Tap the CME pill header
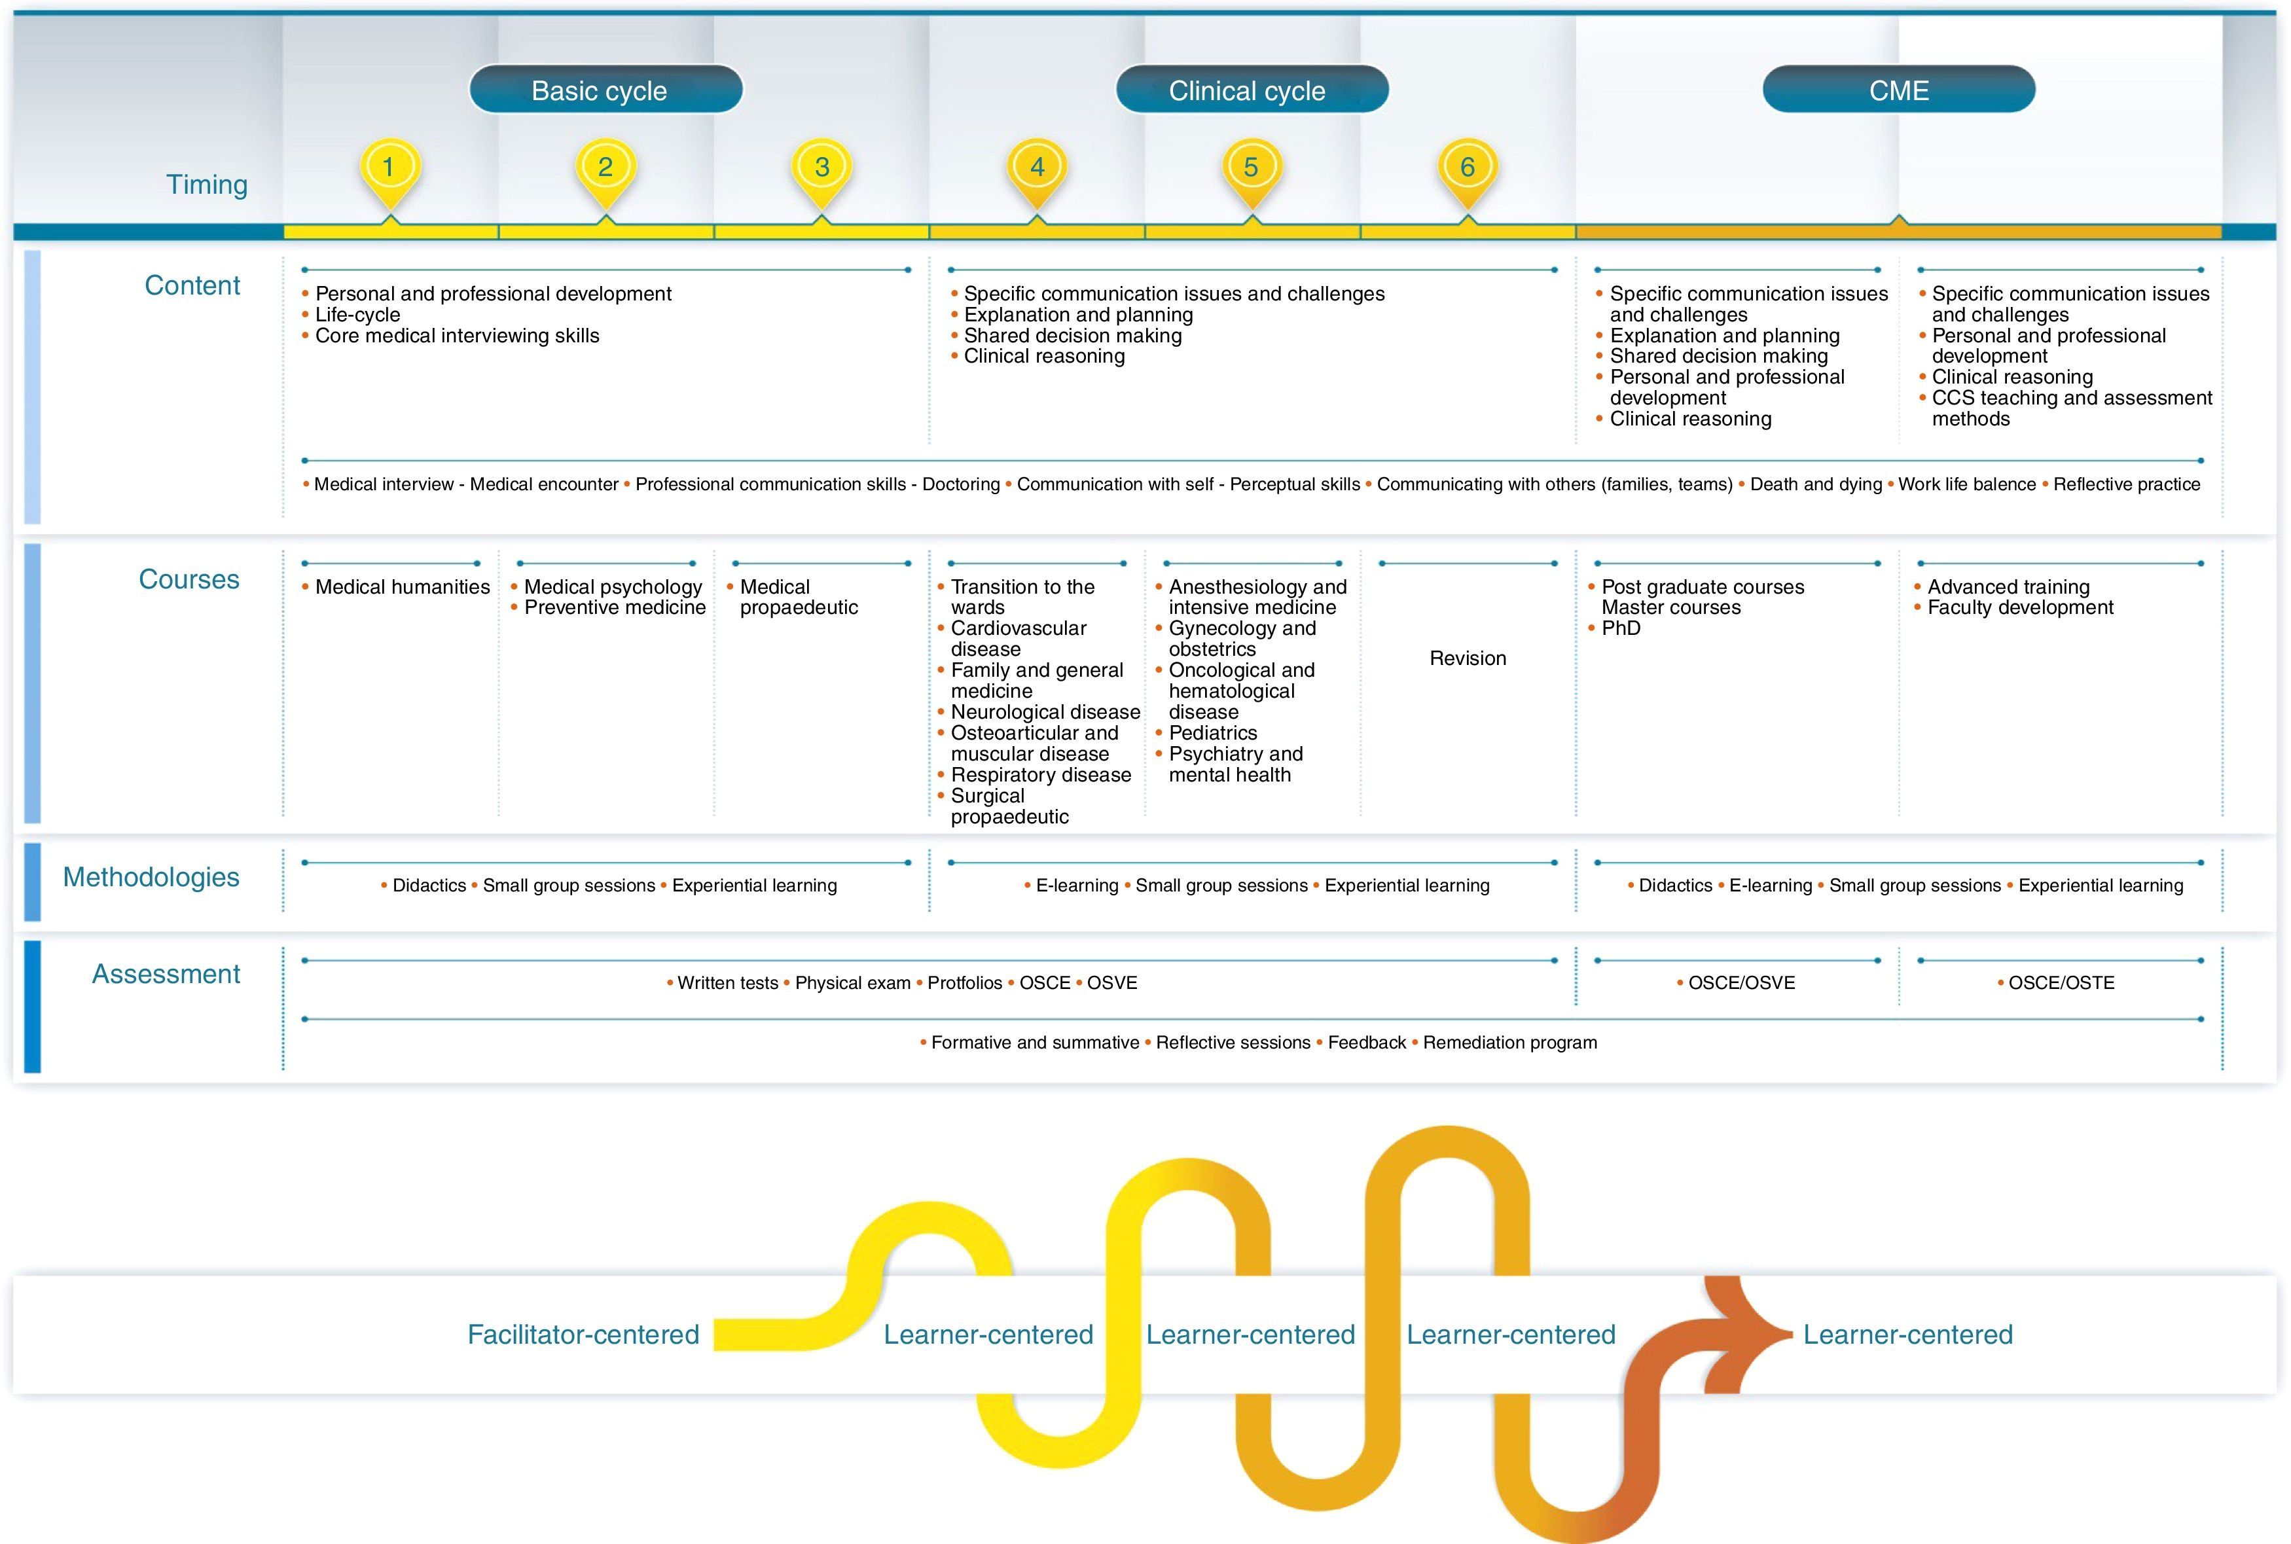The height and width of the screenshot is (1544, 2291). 1898,90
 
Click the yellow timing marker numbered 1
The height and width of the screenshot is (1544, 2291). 389,168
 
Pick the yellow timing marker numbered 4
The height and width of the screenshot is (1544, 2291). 1037,168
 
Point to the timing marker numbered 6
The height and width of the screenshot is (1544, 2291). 1467,168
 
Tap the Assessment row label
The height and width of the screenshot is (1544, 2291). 166,974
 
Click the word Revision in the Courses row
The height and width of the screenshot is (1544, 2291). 1467,658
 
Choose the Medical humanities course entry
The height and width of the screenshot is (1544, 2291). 402,587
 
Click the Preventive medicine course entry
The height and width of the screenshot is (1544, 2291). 615,607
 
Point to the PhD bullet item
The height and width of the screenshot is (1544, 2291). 1621,628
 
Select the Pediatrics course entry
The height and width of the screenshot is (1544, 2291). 1212,732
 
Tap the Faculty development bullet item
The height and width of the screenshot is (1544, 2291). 2019,607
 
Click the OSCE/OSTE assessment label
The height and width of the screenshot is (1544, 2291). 2061,982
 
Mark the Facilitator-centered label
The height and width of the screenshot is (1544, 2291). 583,1335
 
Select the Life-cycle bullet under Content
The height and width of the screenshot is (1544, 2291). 357,315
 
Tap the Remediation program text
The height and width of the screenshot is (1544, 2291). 1509,1043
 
